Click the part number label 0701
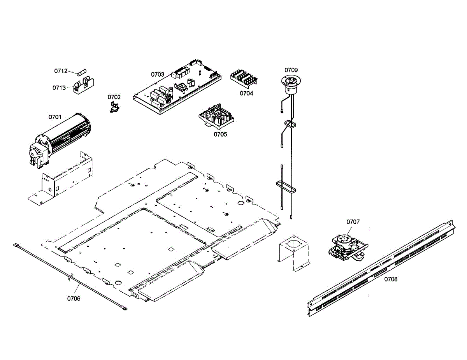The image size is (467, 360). click(x=55, y=117)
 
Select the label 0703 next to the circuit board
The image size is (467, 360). click(x=158, y=74)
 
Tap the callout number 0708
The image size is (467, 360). click(x=391, y=279)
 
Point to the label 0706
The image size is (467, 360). click(x=74, y=299)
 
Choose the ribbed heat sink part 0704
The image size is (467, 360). click(x=244, y=78)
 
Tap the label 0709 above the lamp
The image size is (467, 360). click(x=291, y=70)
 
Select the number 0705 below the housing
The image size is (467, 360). click(x=220, y=134)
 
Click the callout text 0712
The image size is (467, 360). click(x=61, y=71)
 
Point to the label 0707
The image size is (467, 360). click(x=353, y=222)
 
